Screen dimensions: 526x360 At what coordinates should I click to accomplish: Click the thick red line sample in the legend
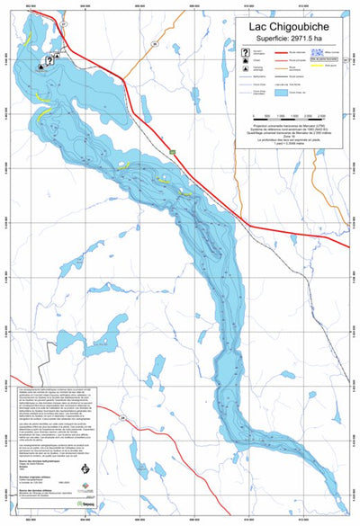[275, 54]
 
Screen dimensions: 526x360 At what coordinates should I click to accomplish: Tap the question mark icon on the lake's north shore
[40, 61]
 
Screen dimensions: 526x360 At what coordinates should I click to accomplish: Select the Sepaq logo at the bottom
[87, 504]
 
